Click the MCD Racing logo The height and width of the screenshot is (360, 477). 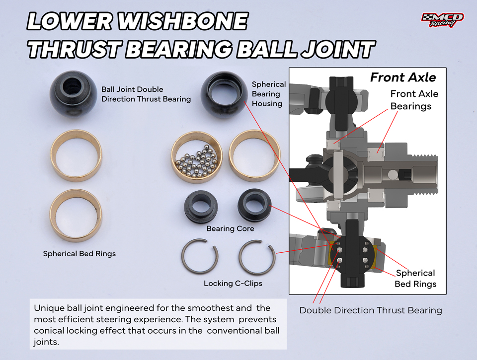pyautogui.click(x=443, y=20)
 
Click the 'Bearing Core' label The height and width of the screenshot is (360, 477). pyautogui.click(x=230, y=228)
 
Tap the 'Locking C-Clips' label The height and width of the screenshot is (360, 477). pyautogui.click(x=233, y=284)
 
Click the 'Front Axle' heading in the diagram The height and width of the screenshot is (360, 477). pyautogui.click(x=403, y=77)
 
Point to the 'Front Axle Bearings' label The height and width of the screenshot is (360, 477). pyautogui.click(x=414, y=100)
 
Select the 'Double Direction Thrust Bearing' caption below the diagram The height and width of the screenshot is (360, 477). pyautogui.click(x=371, y=310)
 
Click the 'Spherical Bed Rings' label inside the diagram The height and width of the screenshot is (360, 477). pyautogui.click(x=415, y=279)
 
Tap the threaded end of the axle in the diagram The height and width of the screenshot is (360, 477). pyautogui.click(x=424, y=174)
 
